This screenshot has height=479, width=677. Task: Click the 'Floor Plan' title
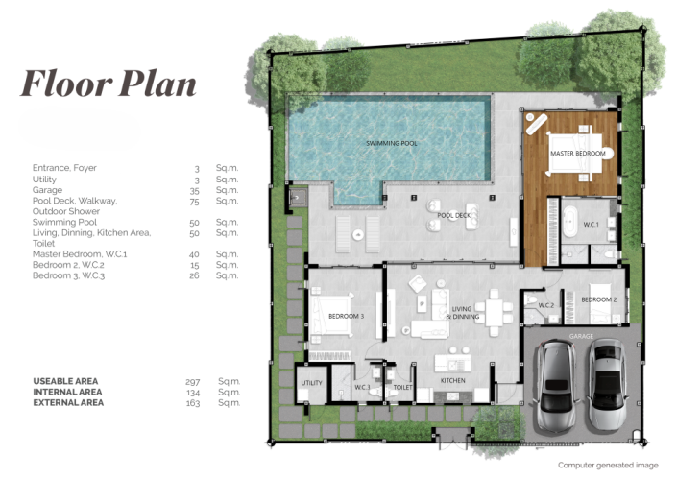109,84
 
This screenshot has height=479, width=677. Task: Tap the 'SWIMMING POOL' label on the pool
391,143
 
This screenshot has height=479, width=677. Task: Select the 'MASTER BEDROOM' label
577,154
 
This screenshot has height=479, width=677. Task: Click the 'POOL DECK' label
454,216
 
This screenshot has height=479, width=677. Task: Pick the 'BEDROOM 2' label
598,299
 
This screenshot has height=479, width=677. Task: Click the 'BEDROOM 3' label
346,316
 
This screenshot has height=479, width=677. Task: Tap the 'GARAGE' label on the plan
581,337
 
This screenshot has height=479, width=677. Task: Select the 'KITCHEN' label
452,381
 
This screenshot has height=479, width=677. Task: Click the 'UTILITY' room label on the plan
311,383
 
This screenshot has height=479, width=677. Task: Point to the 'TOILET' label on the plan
403,388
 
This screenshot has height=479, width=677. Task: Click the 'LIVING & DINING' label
465,313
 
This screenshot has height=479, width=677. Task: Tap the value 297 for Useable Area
191,382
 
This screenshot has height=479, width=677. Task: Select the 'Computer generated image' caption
608,465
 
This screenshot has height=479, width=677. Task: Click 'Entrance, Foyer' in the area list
64,168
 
